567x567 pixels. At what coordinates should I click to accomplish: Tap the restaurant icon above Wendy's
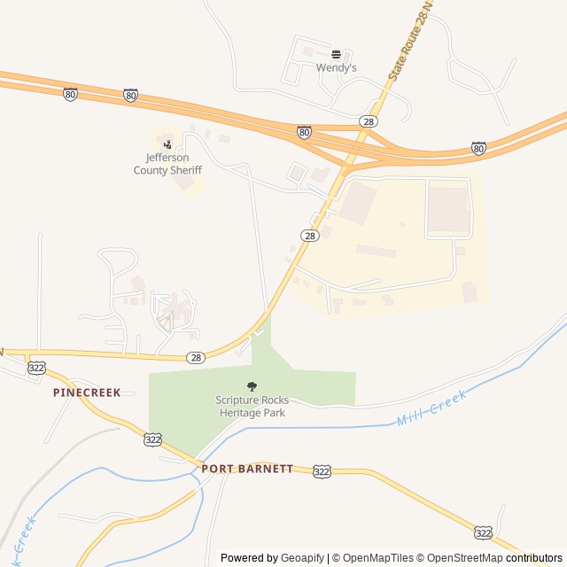pos(336,54)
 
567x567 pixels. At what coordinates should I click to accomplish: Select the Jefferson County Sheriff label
pos(167,164)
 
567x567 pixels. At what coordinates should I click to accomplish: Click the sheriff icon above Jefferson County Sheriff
pos(167,144)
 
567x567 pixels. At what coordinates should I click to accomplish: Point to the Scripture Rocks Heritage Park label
pos(252,407)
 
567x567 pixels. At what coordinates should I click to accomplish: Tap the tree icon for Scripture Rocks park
pos(252,385)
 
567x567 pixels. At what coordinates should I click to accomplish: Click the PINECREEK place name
pos(87,392)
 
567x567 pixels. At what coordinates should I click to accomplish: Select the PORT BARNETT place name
pos(246,469)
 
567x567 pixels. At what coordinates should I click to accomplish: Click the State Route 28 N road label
pos(412,44)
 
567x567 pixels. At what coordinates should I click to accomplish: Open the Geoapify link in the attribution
pos(303,558)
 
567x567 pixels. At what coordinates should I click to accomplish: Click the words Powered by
pos(249,558)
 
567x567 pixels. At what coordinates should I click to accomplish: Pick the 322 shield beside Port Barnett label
pos(322,472)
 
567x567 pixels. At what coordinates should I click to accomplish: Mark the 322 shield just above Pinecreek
pos(36,368)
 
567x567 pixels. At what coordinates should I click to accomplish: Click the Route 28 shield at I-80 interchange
pos(369,120)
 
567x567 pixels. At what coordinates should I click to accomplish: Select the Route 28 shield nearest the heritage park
pos(196,357)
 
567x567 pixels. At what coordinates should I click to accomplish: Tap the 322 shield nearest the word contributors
pos(483,532)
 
